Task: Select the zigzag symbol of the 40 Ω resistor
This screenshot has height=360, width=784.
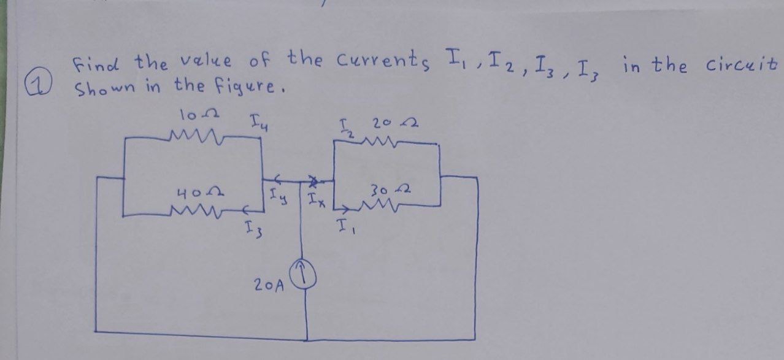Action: (194, 212)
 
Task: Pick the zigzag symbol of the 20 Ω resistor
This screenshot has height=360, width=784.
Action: (384, 142)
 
